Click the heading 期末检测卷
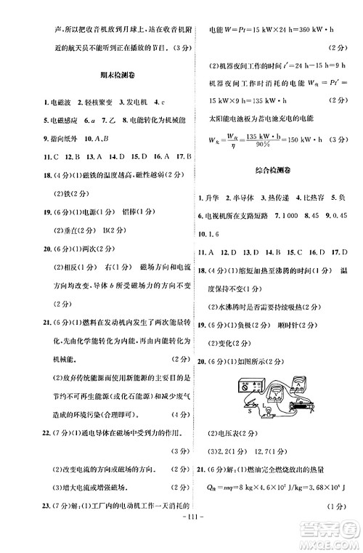click(x=109, y=76)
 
